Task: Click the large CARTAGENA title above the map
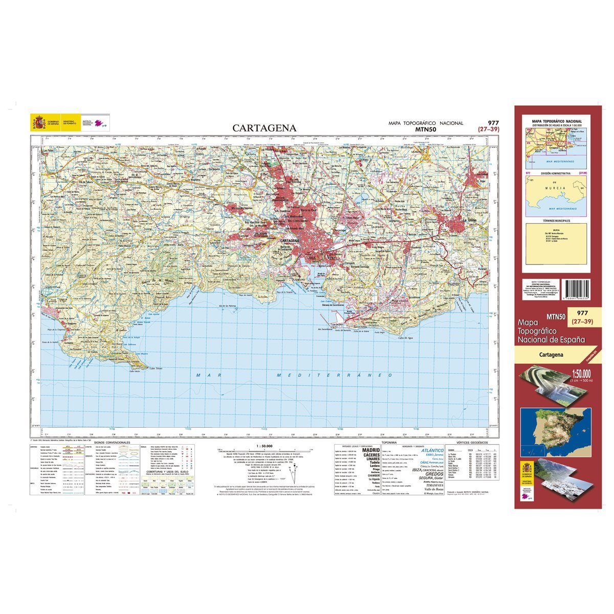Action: (x=264, y=128)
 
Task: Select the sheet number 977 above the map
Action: (x=493, y=123)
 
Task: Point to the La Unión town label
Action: (x=471, y=221)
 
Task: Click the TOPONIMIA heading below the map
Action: (x=390, y=442)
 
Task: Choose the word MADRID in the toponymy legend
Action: (x=371, y=450)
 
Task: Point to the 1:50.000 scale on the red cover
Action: (x=575, y=372)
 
